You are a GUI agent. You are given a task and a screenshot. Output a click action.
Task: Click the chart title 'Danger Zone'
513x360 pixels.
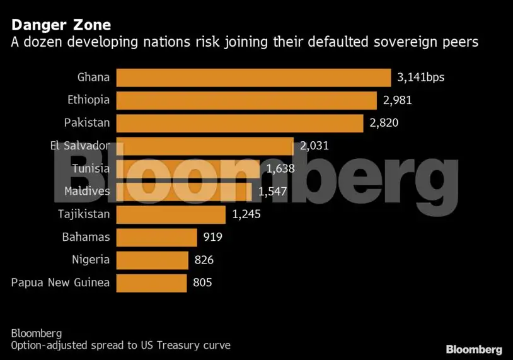click(61, 25)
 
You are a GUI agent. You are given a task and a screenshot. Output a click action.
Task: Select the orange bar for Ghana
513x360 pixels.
click(253, 78)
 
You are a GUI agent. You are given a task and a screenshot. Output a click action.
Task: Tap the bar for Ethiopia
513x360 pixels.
click(246, 100)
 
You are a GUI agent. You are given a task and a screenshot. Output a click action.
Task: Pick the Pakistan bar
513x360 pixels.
click(239, 122)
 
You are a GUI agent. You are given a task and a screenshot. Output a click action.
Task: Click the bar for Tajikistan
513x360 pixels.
click(171, 214)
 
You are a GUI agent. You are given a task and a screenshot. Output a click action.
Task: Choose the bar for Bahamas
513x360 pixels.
click(156, 237)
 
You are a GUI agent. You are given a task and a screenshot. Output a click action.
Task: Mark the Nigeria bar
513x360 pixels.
click(152, 260)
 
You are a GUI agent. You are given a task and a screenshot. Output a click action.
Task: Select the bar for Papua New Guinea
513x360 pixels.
click(151, 282)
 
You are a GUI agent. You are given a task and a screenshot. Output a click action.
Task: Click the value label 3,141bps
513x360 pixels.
click(422, 78)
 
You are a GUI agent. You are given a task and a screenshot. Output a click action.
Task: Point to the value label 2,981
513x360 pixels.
click(397, 100)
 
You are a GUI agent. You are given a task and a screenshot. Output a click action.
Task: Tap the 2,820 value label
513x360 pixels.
click(384, 122)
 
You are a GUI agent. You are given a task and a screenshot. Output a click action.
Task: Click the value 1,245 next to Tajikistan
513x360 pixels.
click(246, 214)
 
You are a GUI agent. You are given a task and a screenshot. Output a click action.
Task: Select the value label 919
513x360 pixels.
click(212, 237)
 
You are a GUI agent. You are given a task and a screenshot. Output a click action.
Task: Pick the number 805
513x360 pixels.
click(202, 282)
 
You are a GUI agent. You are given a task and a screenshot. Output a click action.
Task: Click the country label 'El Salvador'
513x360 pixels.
click(79, 146)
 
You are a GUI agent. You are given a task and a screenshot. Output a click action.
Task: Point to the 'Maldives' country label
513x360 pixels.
click(87, 191)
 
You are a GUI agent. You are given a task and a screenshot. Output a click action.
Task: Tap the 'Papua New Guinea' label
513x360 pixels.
click(61, 282)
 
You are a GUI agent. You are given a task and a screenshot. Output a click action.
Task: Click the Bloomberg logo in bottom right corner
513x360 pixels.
click(474, 349)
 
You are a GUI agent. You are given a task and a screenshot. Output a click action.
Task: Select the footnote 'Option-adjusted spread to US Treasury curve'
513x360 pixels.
click(120, 345)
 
